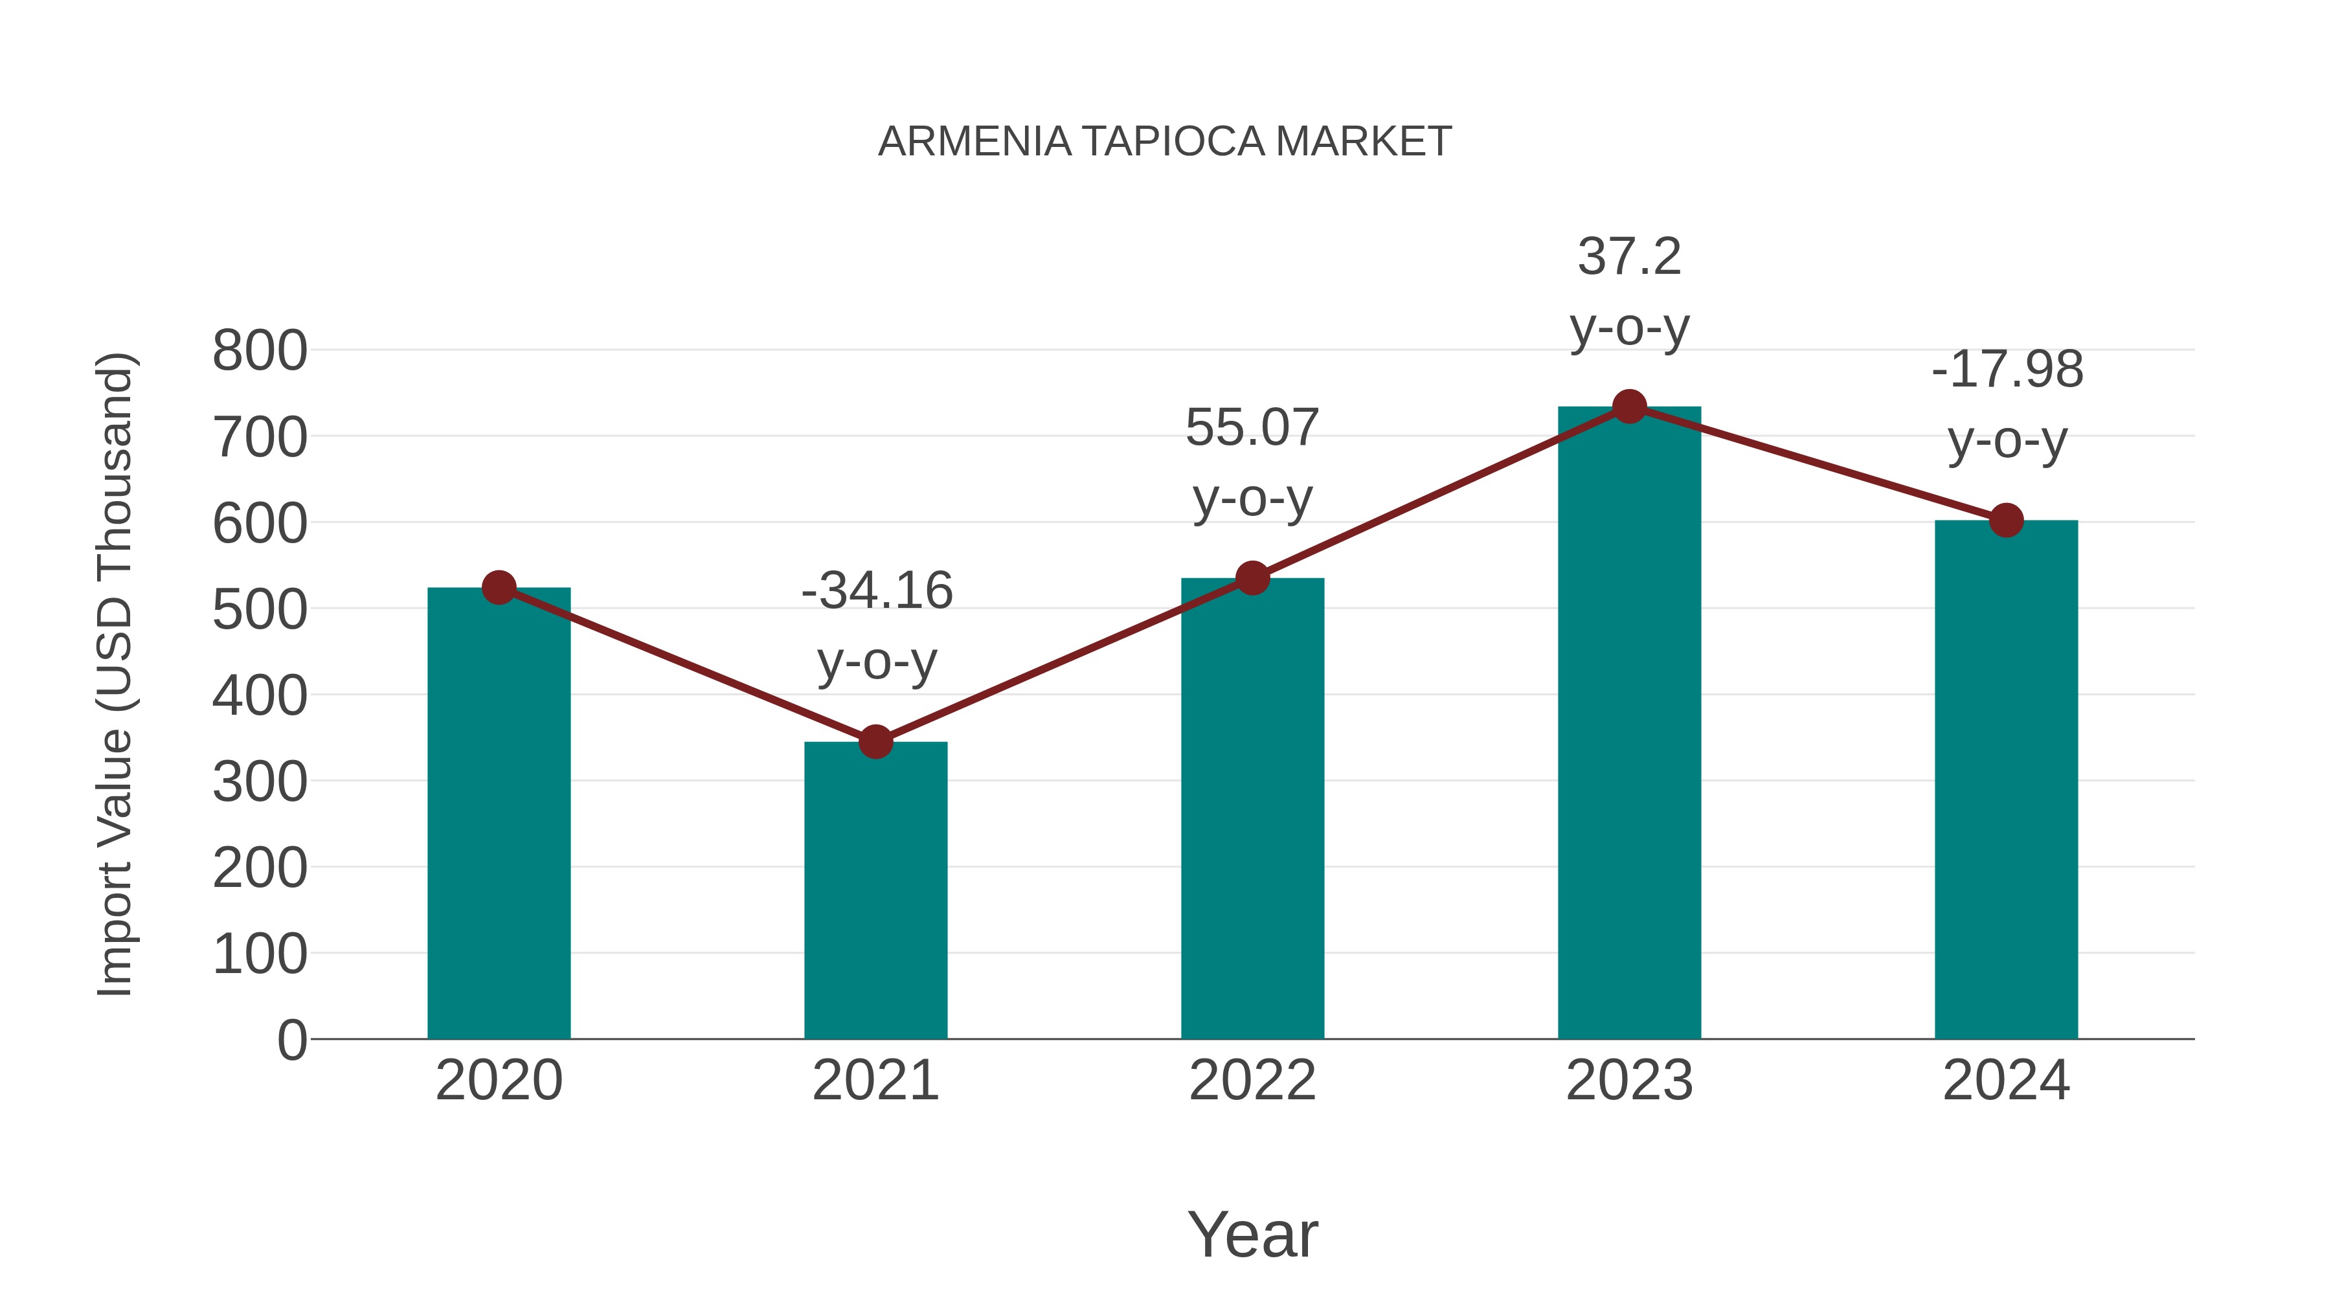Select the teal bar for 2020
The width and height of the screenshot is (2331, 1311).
(499, 814)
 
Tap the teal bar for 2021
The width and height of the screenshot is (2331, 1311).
(875, 891)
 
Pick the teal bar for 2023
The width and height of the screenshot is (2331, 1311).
(1629, 724)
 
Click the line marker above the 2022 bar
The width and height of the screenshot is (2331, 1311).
(1252, 578)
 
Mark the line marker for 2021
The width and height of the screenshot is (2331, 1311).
(875, 742)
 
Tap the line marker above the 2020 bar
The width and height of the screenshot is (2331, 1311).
(499, 587)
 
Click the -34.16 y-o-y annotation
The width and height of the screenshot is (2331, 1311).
(877, 625)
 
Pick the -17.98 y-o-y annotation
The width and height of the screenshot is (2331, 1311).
(2006, 405)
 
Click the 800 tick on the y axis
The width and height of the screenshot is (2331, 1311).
(260, 351)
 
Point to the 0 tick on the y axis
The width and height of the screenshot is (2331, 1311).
(291, 1040)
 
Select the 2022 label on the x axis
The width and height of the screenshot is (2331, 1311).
(1252, 1081)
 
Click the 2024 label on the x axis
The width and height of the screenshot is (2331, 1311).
(2005, 1081)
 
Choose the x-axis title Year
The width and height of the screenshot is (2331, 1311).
(1252, 1234)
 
